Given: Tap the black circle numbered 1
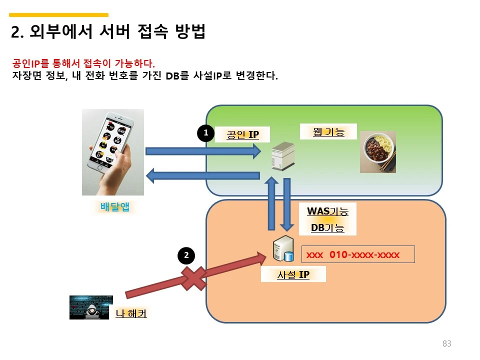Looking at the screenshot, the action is coord(205,133).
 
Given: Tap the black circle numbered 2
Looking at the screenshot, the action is coord(186,255).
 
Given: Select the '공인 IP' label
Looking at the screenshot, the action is coord(242,134).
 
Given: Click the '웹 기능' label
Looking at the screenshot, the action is coord(328,131).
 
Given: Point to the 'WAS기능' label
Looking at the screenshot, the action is coord(327,211).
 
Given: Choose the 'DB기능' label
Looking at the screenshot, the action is coord(327,227).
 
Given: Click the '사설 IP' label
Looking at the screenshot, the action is coord(293,274).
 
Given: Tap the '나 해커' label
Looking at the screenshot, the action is coord(131,313).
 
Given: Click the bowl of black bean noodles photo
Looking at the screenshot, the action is coord(378,152).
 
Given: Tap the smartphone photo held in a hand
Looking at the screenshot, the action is coord(113,152).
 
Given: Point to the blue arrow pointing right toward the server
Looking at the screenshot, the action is coord(202,150).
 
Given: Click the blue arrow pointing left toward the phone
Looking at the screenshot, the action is coord(202,175).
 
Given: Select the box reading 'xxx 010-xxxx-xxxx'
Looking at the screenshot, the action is coord(357,254).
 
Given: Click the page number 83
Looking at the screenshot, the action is coord(446,343).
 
